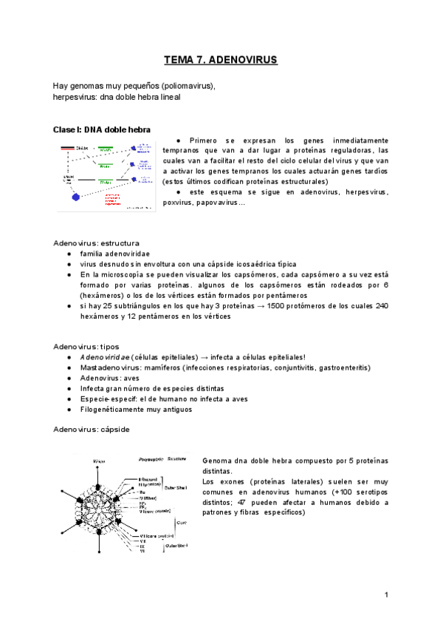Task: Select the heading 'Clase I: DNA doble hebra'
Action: coord(102,129)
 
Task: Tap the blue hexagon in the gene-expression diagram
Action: coord(75,197)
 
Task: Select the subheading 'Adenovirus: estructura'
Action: coord(96,243)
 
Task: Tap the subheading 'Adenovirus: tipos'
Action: coord(86,346)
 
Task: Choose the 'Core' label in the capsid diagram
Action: coord(179,521)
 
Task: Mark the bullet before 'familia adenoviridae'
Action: coord(69,254)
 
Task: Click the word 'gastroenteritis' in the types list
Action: coord(344,367)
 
